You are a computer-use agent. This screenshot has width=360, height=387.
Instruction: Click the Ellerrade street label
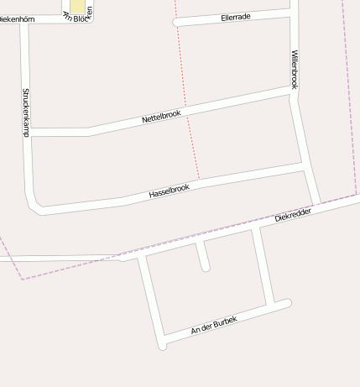(237, 16)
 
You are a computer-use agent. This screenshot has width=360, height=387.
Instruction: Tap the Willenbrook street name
(295, 69)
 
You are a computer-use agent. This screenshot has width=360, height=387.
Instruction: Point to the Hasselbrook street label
(170, 191)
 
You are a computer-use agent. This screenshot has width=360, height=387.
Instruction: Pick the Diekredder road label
(294, 215)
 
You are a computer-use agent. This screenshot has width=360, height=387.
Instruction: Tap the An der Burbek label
(214, 325)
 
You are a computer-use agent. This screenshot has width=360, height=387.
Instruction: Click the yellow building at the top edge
(77, 7)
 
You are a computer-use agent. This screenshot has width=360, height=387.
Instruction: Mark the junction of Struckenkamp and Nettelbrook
(29, 132)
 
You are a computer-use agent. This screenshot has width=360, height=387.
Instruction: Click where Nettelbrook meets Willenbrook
(294, 92)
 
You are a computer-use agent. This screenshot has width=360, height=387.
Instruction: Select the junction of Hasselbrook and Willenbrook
(304, 170)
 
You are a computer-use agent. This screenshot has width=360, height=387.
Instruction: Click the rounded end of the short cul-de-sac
(206, 268)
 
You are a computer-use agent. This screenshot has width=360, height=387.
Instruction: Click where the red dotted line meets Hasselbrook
(199, 180)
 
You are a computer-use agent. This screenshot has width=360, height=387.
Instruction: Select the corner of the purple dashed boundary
(23, 279)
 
